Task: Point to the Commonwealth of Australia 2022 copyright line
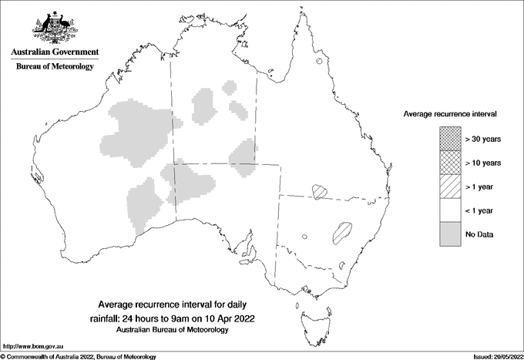coord(79,356)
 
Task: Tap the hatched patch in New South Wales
coord(340,231)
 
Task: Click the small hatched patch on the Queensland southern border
coord(319,190)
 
